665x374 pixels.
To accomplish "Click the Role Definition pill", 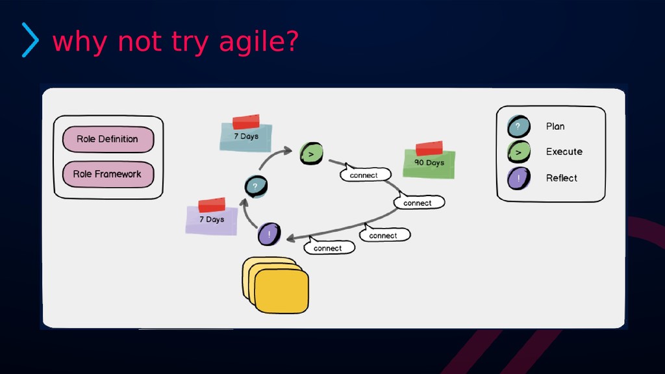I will point(108,139).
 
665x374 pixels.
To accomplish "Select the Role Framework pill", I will point(108,174).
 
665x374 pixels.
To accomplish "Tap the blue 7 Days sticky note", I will point(246,138).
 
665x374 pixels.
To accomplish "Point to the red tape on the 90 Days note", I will point(429,148).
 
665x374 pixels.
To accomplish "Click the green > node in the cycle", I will point(311,155).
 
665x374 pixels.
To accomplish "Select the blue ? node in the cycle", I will point(255,187).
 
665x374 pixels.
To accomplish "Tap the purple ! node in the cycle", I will point(269,234).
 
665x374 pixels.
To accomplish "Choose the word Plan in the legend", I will point(555,127).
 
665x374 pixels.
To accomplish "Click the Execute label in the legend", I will point(564,152).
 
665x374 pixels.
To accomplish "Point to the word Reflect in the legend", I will point(561,178).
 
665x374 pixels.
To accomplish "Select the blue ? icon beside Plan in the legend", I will point(518,127).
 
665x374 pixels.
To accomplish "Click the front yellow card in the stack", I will point(281,292).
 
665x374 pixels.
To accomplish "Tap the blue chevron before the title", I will point(30,40).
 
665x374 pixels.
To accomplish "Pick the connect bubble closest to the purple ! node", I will point(329,247).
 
